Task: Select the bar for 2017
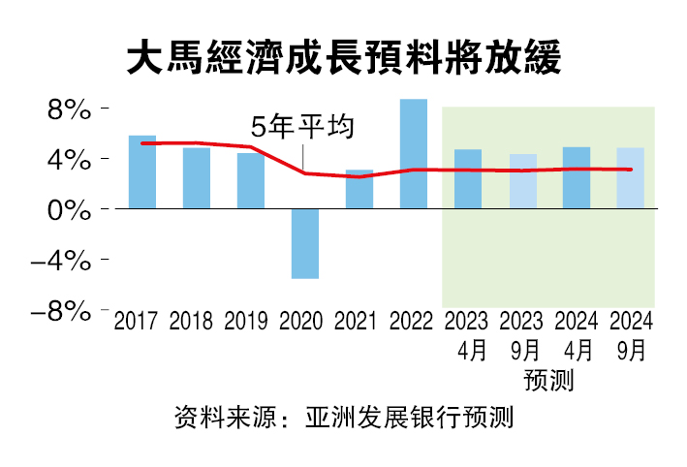pyautogui.click(x=142, y=172)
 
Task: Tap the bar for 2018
pyautogui.click(x=197, y=178)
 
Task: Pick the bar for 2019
pyautogui.click(x=251, y=181)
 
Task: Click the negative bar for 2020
pyautogui.click(x=305, y=243)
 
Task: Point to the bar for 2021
pyautogui.click(x=359, y=189)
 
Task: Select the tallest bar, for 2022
pyautogui.click(x=414, y=154)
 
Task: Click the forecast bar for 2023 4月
pyautogui.click(x=468, y=179)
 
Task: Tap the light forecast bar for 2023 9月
pyautogui.click(x=522, y=181)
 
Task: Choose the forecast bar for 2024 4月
pyautogui.click(x=577, y=178)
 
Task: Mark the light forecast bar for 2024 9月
pyautogui.click(x=631, y=178)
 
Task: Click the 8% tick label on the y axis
pyautogui.click(x=69, y=109)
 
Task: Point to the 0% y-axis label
pyautogui.click(x=69, y=209)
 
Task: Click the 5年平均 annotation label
pyautogui.click(x=304, y=128)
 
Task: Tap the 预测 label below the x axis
pyautogui.click(x=548, y=380)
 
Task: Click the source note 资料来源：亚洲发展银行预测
pyautogui.click(x=343, y=419)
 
